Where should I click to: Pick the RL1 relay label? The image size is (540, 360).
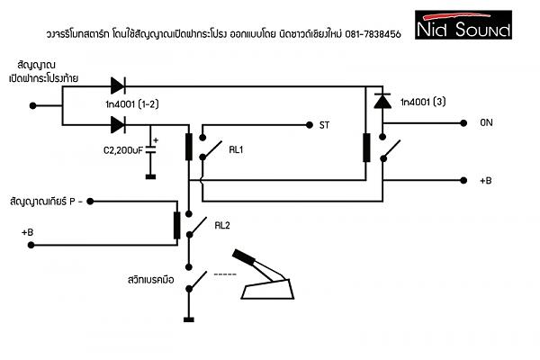[x=238, y=150]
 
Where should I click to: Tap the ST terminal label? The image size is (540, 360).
[x=324, y=124]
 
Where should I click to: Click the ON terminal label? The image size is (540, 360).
[x=486, y=123]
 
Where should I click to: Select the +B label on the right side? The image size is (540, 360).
[x=485, y=180]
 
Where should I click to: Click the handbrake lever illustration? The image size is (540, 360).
[x=266, y=277]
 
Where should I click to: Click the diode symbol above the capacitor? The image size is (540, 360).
[x=118, y=124]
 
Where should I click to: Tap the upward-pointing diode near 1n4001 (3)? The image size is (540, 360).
[x=381, y=101]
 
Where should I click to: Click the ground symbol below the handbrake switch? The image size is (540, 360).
[x=189, y=317]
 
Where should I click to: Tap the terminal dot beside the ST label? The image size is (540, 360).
[x=308, y=124]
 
